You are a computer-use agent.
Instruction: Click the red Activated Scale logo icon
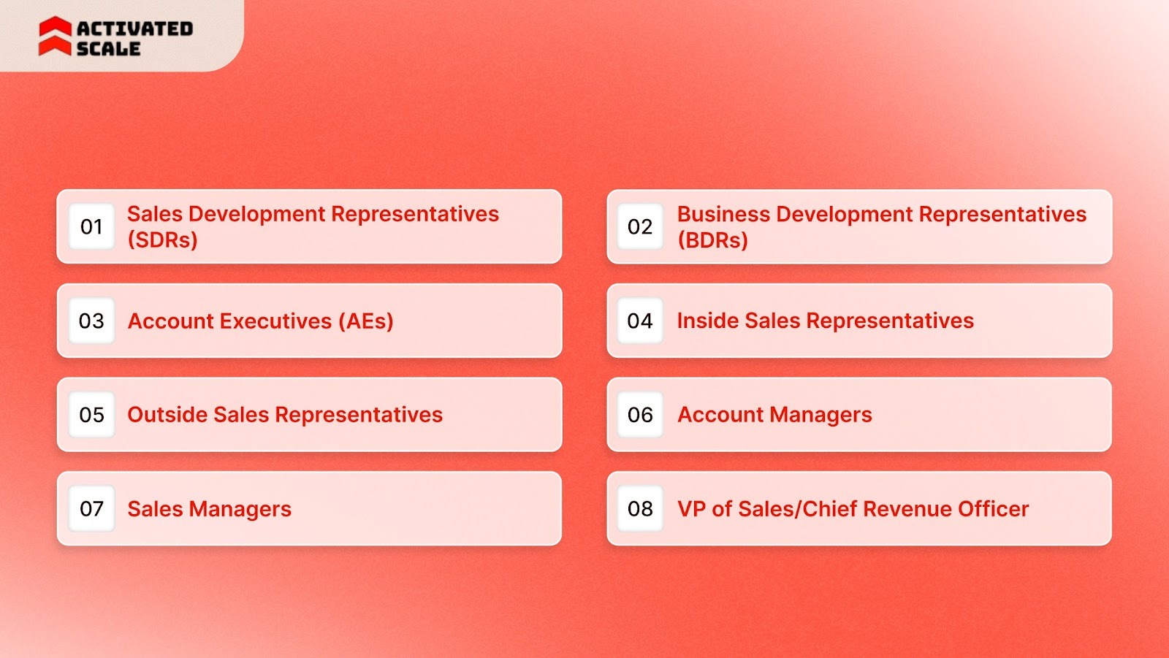pos(55,37)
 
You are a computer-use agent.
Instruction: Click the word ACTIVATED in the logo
pos(135,28)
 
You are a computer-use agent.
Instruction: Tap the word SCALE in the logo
pos(108,49)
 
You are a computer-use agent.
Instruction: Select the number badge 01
pos(91,227)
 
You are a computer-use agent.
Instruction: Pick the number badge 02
pos(640,227)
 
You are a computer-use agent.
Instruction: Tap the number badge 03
pos(91,321)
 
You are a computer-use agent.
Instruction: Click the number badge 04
pos(640,321)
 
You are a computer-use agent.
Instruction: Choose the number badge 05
pos(91,415)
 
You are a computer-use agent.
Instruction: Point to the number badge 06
pos(640,415)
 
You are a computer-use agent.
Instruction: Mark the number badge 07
pos(91,509)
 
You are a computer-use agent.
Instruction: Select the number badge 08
pos(640,509)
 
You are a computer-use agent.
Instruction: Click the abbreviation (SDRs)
pos(162,240)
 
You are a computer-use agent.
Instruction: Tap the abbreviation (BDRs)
pos(712,240)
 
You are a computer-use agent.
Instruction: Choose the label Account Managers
pos(774,415)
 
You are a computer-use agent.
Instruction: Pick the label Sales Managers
pos(209,509)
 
